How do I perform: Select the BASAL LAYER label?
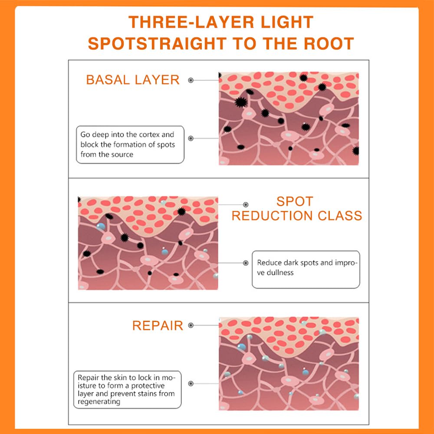[x=133, y=80]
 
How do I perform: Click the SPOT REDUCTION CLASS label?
[x=297, y=209]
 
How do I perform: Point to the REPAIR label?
[x=158, y=325]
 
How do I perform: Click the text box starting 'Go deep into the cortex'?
[x=130, y=145]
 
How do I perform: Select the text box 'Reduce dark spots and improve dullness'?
[x=306, y=269]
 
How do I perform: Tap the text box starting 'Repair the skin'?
[x=127, y=389]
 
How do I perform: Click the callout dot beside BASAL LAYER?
[x=191, y=80]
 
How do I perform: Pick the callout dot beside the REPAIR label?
[x=191, y=325]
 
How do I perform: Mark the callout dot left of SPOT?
[x=246, y=204]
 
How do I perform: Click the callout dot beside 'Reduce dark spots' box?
[x=246, y=263]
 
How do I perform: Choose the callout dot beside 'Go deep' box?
[x=191, y=138]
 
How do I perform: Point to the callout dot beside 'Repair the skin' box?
[x=191, y=384]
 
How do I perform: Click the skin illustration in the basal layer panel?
[x=289, y=118]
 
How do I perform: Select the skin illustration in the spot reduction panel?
[x=148, y=243]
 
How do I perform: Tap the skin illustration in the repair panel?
[x=289, y=364]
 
